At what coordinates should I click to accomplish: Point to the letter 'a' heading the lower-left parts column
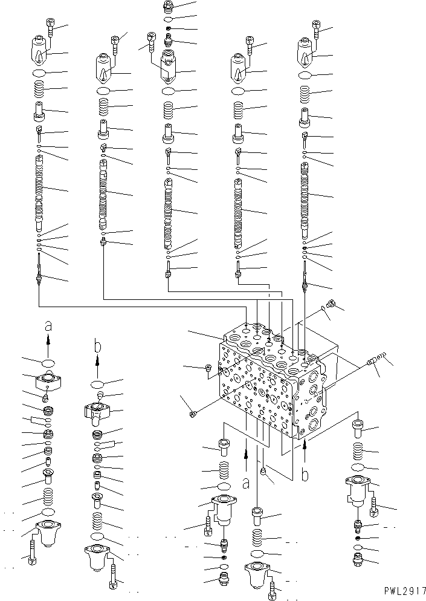pos(48,326)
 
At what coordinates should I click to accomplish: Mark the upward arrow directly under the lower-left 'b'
pos(97,366)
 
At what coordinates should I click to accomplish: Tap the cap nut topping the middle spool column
pos(169,7)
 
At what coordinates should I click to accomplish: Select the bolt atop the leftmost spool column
pos(50,26)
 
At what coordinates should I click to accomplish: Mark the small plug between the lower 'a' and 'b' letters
pos(263,470)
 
